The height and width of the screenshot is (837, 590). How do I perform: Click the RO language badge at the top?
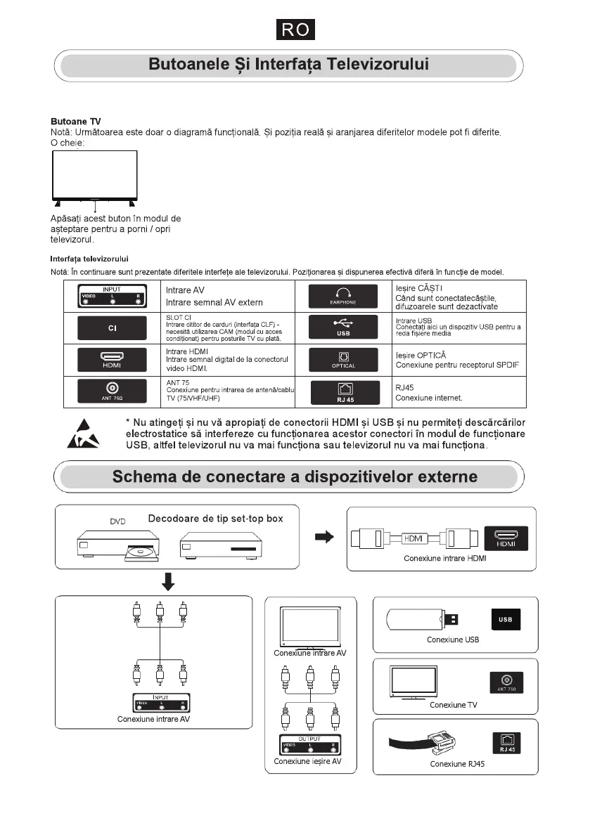pyautogui.click(x=295, y=30)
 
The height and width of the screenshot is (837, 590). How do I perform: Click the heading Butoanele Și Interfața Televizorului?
pyautogui.click(x=288, y=65)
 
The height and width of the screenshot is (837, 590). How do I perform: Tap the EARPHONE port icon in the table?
pyautogui.click(x=343, y=296)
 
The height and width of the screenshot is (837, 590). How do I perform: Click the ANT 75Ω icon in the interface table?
pyautogui.click(x=112, y=391)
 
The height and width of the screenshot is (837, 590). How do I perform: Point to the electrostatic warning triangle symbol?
pyautogui.click(x=84, y=434)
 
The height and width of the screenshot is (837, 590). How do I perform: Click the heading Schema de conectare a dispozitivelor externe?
pyautogui.click(x=295, y=477)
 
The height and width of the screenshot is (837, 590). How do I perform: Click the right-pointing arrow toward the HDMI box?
pyautogui.click(x=323, y=537)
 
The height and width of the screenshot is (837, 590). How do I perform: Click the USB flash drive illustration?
pyautogui.click(x=421, y=619)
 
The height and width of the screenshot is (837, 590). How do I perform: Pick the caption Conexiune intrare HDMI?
pyautogui.click(x=445, y=559)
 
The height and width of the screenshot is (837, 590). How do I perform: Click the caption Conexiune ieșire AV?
pyautogui.click(x=307, y=761)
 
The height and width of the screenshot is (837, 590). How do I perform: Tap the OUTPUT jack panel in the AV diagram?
pyautogui.click(x=309, y=744)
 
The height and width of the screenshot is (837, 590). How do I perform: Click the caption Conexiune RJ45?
pyautogui.click(x=457, y=764)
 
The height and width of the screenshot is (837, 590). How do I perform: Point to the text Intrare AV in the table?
pyautogui.click(x=184, y=290)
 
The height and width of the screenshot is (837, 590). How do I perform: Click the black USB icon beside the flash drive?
pyautogui.click(x=505, y=620)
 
